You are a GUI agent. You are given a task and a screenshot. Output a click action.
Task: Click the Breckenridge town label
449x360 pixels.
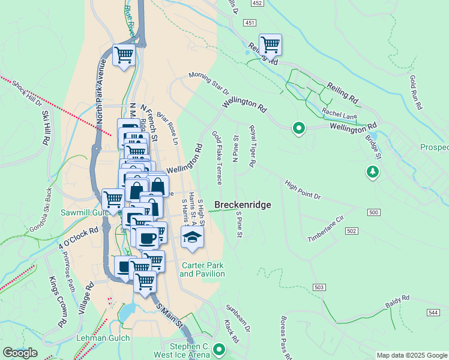[x=243, y=205]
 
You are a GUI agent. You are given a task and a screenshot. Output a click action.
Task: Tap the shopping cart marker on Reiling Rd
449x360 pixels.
[x=270, y=44]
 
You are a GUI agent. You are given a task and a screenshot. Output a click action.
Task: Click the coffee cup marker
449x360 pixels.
[x=146, y=238]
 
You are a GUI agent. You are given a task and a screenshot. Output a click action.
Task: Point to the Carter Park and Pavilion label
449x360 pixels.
[x=202, y=269]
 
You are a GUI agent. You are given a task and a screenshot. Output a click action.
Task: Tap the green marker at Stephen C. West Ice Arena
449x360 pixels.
[x=219, y=349]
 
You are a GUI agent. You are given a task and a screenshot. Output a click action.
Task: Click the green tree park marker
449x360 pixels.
[x=373, y=173]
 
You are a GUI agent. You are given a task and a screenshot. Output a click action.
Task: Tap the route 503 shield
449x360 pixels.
[x=319, y=288]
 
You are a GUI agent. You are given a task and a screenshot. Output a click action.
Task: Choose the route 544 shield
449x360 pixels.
[x=433, y=313]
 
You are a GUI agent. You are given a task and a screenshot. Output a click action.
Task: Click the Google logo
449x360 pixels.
[x=20, y=353]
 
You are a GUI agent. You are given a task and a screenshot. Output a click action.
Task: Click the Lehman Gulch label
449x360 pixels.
[x=100, y=338]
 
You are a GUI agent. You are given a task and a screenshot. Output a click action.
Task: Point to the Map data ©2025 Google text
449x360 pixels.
[x=412, y=355]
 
